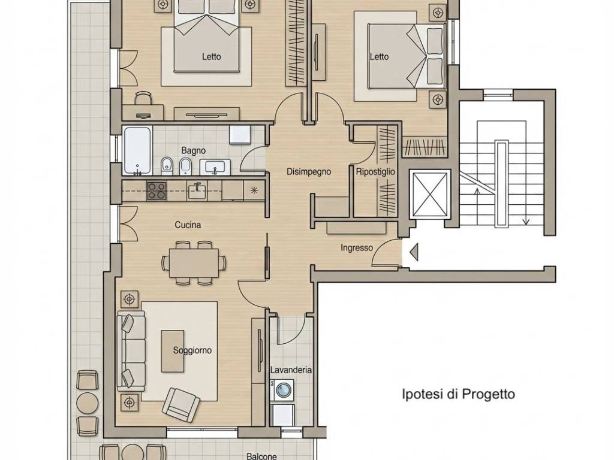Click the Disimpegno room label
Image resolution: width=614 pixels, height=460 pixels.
[309, 171]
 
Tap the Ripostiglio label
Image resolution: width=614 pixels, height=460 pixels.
[375, 172]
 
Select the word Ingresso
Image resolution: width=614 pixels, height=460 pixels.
[356, 248]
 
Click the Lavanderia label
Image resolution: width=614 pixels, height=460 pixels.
[291, 370]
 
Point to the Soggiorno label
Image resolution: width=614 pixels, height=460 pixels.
[192, 350]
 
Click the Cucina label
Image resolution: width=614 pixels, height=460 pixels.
[188, 225]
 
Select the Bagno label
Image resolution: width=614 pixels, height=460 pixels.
[194, 150]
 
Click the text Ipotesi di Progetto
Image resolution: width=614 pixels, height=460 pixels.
[459, 394]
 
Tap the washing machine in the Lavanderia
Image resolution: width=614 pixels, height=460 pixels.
[282, 389]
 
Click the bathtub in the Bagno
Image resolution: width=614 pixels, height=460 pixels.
[137, 150]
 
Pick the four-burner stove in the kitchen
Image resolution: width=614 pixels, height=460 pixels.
[156, 191]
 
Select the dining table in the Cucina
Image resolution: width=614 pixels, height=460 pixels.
[194, 263]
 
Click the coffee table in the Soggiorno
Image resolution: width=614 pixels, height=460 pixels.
[173, 351]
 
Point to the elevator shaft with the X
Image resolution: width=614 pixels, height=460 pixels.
[430, 195]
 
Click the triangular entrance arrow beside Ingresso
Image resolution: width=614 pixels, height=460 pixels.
[414, 252]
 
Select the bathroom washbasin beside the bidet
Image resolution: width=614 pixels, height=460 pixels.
[215, 168]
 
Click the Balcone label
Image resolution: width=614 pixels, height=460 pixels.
[261, 456]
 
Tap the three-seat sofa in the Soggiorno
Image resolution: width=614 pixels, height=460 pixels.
[130, 352]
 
